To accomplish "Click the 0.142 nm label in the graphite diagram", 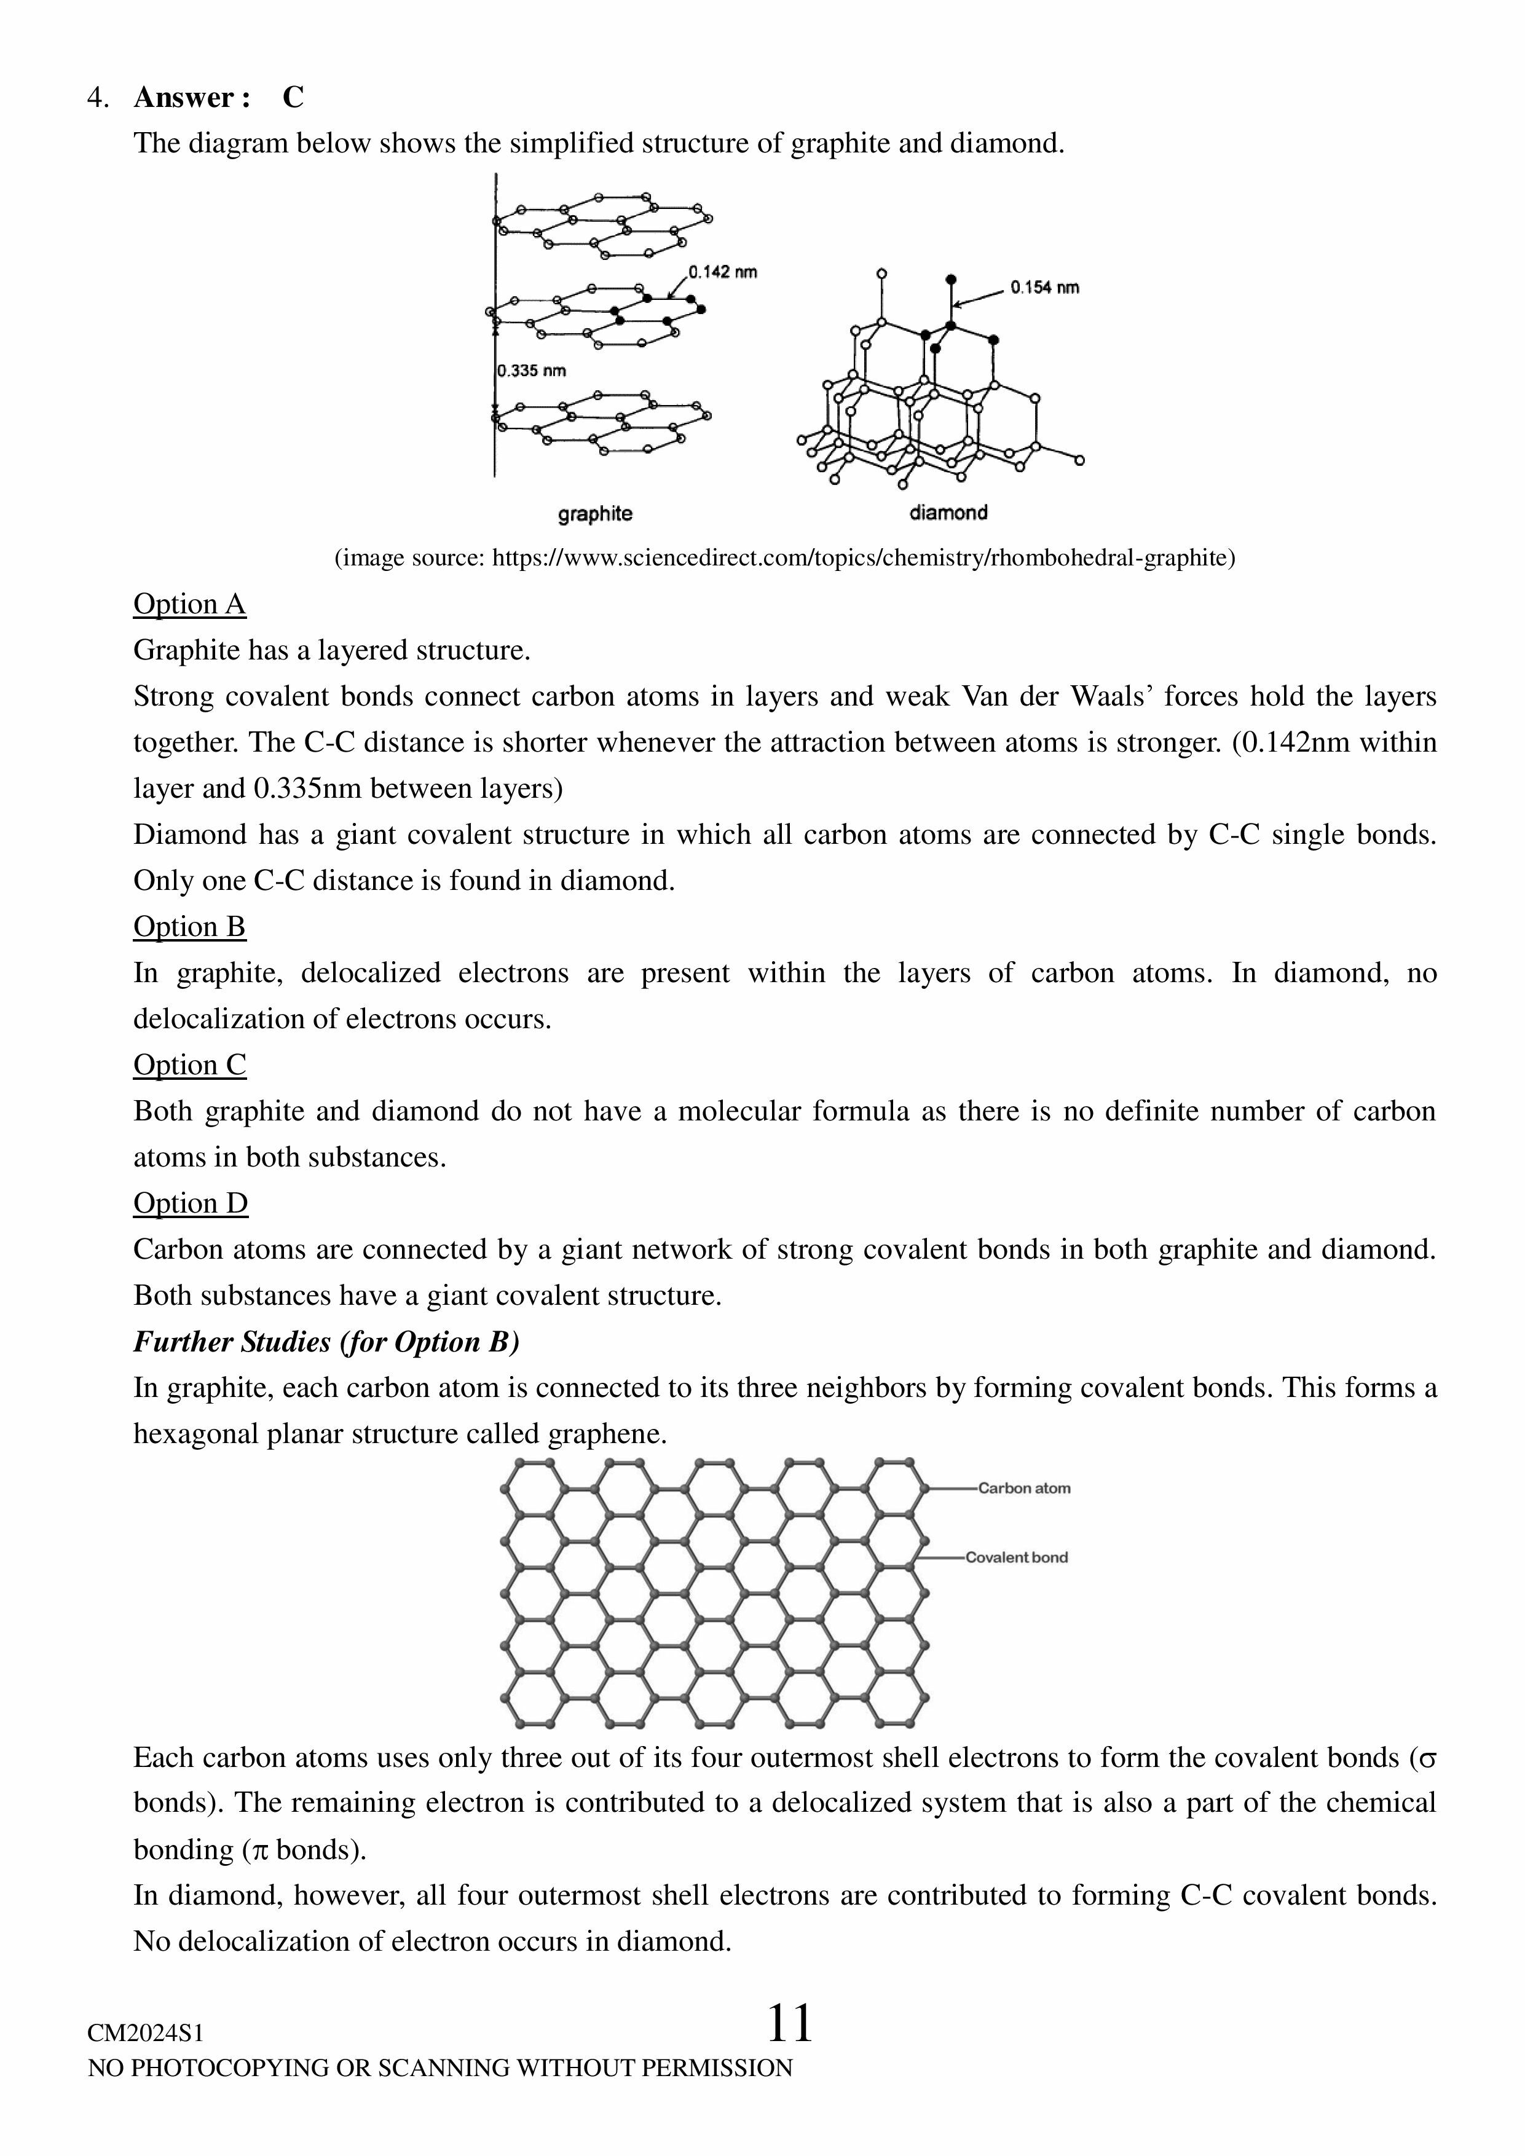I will [722, 272].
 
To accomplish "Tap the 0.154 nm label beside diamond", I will [1044, 288].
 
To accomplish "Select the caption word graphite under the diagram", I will [594, 514].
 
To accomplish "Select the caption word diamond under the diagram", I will [947, 513].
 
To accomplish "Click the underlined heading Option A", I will [190, 604].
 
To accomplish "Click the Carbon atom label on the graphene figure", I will [1023, 1489].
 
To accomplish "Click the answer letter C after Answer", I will [293, 98].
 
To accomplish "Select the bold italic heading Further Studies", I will [326, 1342].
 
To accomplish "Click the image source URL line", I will [784, 558].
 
